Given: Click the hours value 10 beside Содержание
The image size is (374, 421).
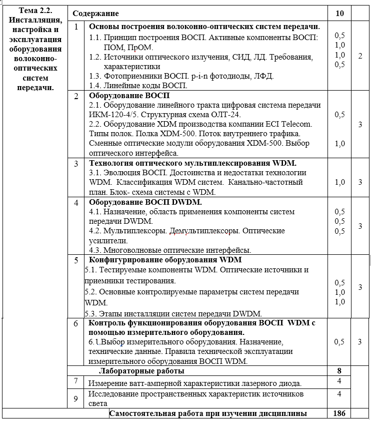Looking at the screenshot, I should pos(340,13).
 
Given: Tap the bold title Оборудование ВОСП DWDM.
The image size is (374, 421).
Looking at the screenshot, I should pos(145,202).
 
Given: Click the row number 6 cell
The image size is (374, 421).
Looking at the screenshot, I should pos(76,324).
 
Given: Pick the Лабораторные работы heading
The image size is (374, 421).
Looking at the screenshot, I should pos(142,371).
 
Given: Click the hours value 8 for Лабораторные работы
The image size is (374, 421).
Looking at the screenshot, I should pos(339,371).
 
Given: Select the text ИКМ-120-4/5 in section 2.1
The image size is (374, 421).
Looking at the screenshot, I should pos(110,114).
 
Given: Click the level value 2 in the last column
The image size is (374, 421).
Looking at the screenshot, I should pos(360,56).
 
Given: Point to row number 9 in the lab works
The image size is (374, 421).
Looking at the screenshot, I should pos(76,399).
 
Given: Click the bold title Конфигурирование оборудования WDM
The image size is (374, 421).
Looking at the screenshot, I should pos(165,260).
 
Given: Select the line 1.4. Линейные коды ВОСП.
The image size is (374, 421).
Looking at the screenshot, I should pos(138,86).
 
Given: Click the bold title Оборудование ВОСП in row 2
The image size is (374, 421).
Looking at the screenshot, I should pos(129,95).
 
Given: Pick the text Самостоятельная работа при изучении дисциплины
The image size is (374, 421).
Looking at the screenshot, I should pos(208,413).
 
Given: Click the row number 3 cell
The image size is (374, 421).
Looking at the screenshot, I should pos(76,164).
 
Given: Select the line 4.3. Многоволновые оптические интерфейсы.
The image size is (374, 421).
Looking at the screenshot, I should pos(170,250).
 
